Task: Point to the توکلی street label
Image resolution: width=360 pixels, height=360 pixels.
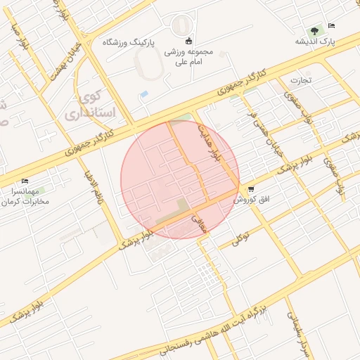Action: tap(241, 239)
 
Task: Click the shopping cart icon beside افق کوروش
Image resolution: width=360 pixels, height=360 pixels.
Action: tap(251, 188)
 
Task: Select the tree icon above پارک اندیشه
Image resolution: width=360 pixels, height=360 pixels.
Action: tap(314, 30)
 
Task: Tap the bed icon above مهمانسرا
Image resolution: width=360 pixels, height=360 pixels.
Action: tap(26, 181)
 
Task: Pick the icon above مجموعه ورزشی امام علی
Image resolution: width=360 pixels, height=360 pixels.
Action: tap(188, 39)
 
